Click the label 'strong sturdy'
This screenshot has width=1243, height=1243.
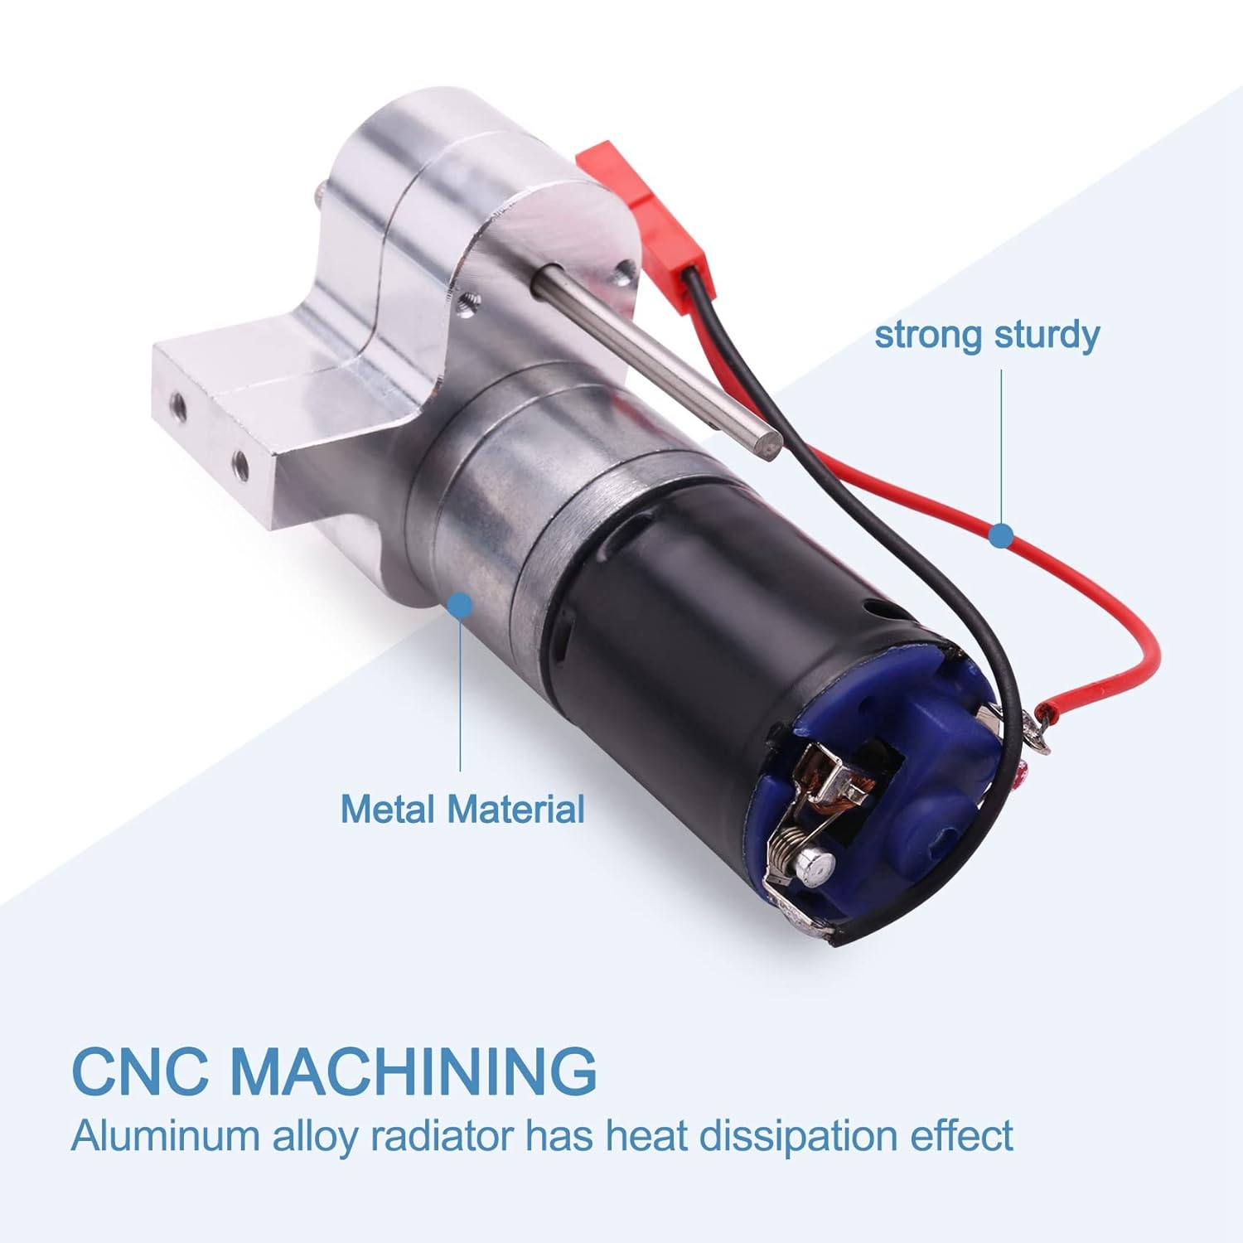click(x=987, y=336)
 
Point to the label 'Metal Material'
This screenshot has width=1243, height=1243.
click(x=462, y=809)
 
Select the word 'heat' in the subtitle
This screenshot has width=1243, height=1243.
click(x=650, y=1135)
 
